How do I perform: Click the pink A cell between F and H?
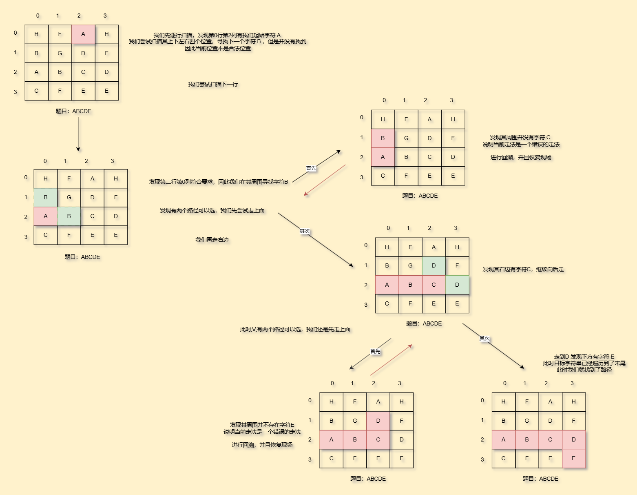click(x=83, y=34)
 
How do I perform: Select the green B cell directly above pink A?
click(x=46, y=198)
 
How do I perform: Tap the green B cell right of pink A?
click(x=69, y=216)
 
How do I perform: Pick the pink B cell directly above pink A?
click(x=383, y=138)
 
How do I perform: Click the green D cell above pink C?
click(x=434, y=266)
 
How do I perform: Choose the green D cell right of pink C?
click(x=457, y=285)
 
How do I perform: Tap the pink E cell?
click(x=574, y=459)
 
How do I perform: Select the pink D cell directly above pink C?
click(x=378, y=421)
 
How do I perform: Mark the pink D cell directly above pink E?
click(x=574, y=440)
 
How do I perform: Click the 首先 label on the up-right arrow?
click(x=311, y=168)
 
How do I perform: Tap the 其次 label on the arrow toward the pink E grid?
click(x=484, y=339)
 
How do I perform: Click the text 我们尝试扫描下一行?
click(x=213, y=85)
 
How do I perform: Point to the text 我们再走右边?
click(x=212, y=240)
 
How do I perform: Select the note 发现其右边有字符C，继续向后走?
click(x=523, y=270)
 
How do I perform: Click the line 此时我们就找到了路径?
click(x=584, y=370)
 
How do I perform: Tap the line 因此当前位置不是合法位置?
click(x=218, y=48)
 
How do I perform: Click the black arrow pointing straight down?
click(x=78, y=135)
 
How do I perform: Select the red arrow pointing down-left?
click(x=325, y=180)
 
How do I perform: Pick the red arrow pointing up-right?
click(x=391, y=360)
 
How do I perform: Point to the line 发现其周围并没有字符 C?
click(x=520, y=138)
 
